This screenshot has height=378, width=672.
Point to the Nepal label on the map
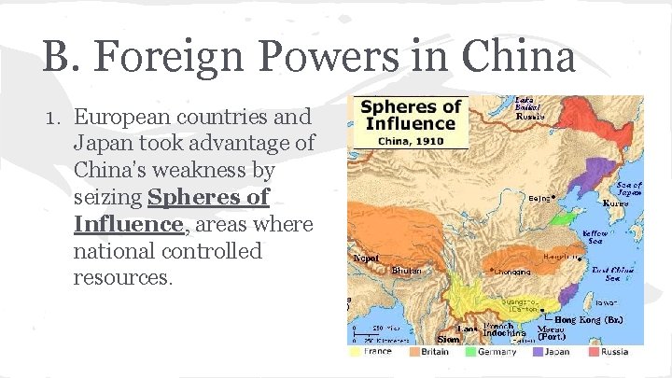365,258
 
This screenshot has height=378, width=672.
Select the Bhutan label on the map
406,270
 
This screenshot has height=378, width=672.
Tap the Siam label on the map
449,340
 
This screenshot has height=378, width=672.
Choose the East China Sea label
619,273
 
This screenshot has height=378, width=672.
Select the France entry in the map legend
375,352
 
